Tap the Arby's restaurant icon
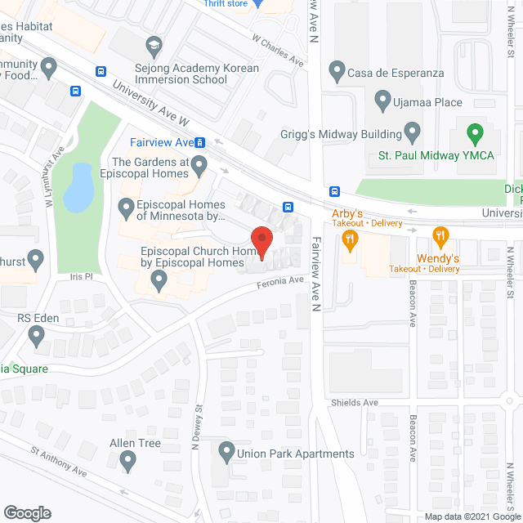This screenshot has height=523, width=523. tap(351, 238)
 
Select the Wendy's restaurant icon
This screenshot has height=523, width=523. tap(441, 238)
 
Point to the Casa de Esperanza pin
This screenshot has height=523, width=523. tap(335, 72)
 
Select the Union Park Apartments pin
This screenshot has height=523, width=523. tap(226, 452)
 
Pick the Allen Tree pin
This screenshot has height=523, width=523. tap(127, 462)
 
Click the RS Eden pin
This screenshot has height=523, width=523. tap(36, 335)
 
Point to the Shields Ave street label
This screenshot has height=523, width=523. tap(355, 403)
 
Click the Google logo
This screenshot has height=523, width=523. tap(26, 513)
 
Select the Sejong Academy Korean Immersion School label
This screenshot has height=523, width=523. tap(196, 74)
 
